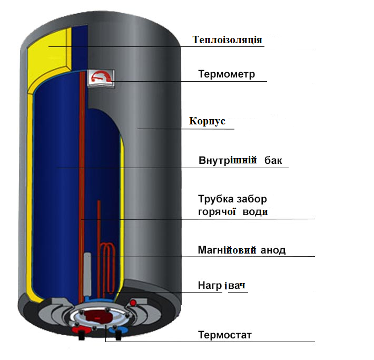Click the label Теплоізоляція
[x=228, y=40]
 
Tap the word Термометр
[x=227, y=74]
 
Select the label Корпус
[x=208, y=121]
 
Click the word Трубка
[x=216, y=200]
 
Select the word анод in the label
[x=273, y=250]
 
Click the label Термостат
[x=225, y=335]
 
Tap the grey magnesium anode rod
[x=88, y=271]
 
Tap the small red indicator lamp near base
[x=133, y=303]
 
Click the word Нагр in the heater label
[x=210, y=286]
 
